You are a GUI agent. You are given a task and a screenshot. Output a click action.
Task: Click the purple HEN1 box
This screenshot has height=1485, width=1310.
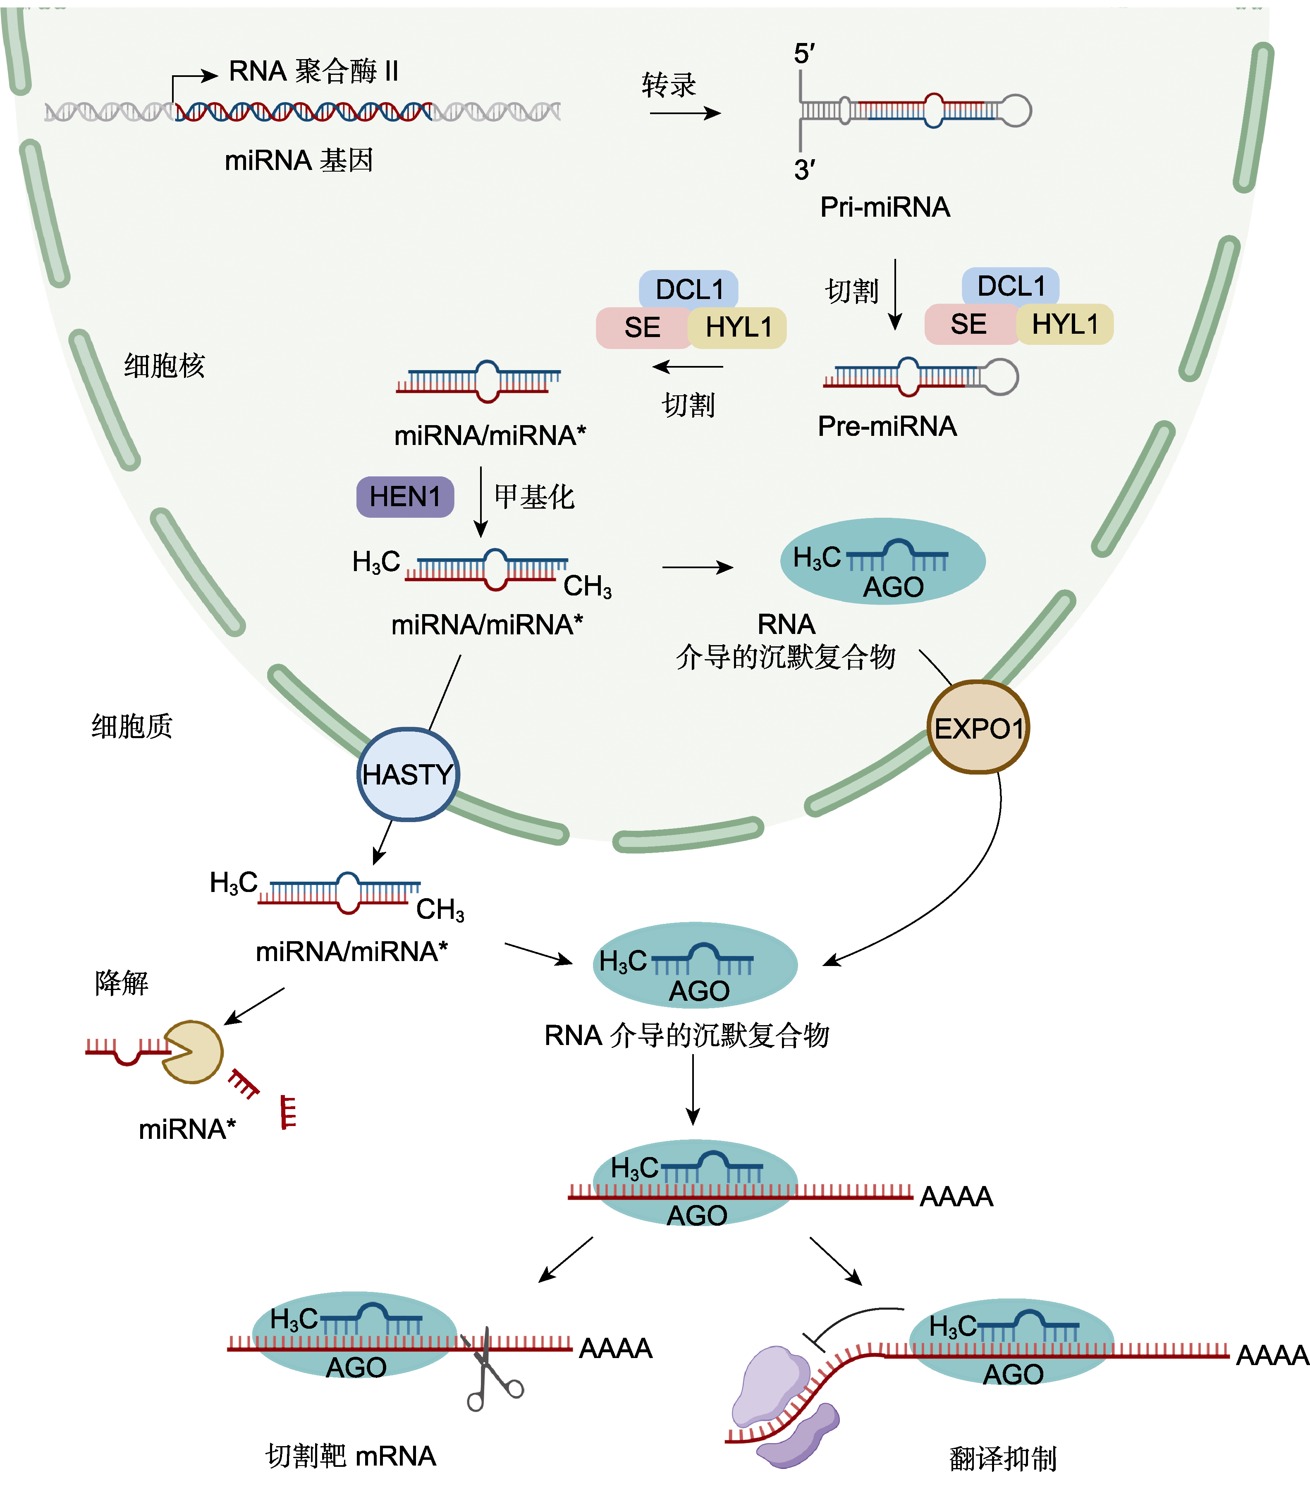[405, 497]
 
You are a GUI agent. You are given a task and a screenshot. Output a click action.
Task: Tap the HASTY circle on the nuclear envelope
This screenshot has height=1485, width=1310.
[408, 775]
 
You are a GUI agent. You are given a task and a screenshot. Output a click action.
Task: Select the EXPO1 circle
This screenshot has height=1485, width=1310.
[978, 728]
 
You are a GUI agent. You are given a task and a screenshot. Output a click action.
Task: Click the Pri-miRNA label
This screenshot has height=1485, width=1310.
[884, 207]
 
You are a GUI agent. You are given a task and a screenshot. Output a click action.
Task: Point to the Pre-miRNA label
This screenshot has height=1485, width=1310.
[887, 426]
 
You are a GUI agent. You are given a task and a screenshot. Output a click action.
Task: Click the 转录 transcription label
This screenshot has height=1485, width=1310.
[669, 85]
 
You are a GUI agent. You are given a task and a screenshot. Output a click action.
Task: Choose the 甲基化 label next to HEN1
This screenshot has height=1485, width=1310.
[534, 497]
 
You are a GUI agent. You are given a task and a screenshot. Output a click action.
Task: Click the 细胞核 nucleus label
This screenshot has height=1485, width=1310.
[164, 366]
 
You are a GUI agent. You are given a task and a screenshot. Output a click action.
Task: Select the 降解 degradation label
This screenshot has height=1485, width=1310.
[121, 983]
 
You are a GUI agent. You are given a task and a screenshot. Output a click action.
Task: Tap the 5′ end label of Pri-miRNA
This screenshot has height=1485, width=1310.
[803, 54]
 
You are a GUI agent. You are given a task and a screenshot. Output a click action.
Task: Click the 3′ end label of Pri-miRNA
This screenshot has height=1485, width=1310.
[803, 170]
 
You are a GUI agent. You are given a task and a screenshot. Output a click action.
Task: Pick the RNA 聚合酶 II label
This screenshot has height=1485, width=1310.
[313, 71]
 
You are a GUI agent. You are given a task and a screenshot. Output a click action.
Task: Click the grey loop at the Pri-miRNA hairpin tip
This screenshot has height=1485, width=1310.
[1016, 111]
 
